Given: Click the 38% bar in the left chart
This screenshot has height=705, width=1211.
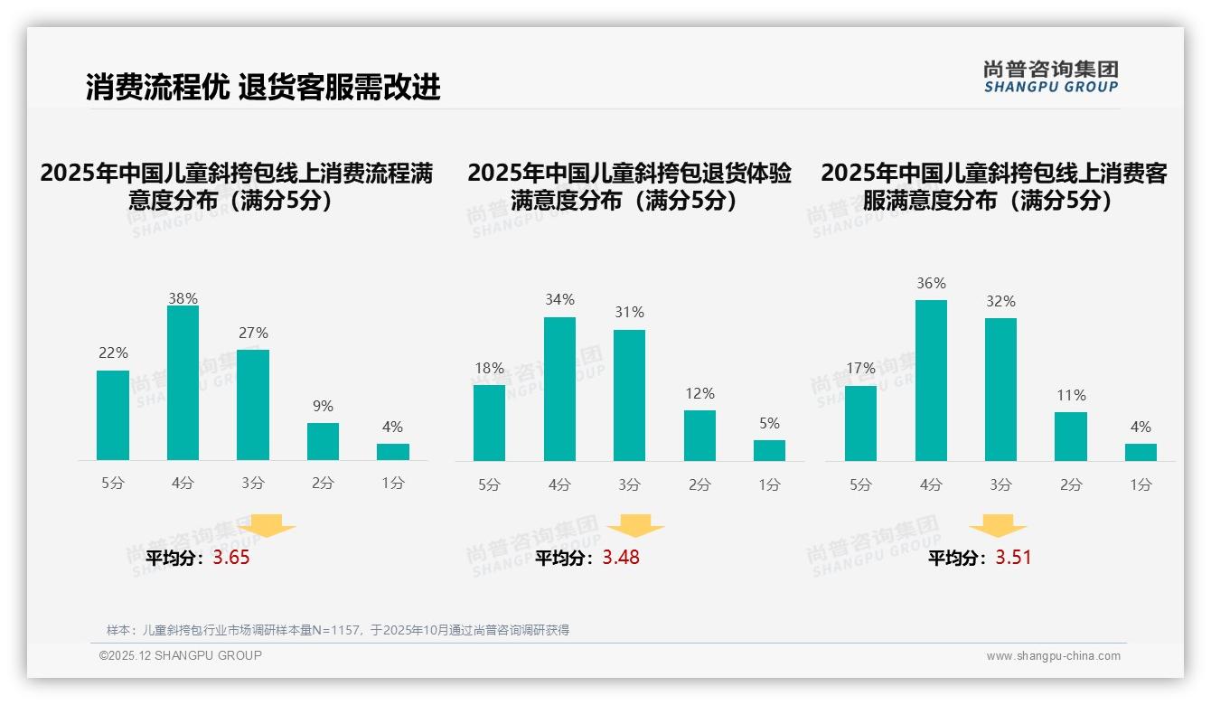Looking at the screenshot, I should coord(183,383).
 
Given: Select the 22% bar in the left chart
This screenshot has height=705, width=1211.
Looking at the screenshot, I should coord(113,415).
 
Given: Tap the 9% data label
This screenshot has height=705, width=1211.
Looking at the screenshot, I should coord(323,407).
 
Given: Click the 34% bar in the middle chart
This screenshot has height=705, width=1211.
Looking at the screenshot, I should coord(559,389).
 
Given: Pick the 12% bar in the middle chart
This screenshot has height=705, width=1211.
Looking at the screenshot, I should coord(699,436).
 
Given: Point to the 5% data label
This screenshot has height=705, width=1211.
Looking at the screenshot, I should coord(769,424).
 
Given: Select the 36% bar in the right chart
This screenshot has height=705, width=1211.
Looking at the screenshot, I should coord(931,381).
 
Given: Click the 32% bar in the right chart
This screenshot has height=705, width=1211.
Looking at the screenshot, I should coord(1000,390).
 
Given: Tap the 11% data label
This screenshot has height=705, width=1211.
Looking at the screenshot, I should coord(1071,396).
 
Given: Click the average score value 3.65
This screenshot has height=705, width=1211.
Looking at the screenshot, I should coord(231,558).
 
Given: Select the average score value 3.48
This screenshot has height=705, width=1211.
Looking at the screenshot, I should coord(621,558).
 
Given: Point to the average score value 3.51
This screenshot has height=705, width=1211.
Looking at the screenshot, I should coord(1013,558).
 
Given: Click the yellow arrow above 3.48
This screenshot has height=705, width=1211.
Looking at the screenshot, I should coord(635,526).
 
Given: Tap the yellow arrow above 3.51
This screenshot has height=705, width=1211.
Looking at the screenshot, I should coord(998,526).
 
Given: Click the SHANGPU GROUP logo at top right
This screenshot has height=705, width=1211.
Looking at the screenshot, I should coord(1050,77).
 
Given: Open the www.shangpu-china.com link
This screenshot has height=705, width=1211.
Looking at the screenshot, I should coord(1053,656).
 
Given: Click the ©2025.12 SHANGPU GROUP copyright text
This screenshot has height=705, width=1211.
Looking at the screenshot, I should coord(181,655).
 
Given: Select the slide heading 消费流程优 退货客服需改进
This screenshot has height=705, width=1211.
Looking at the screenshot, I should coord(263,87).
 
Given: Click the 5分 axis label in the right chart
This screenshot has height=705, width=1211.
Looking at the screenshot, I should coord(860,485).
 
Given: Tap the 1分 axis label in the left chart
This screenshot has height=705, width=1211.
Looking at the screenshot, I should coord(392,484).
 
